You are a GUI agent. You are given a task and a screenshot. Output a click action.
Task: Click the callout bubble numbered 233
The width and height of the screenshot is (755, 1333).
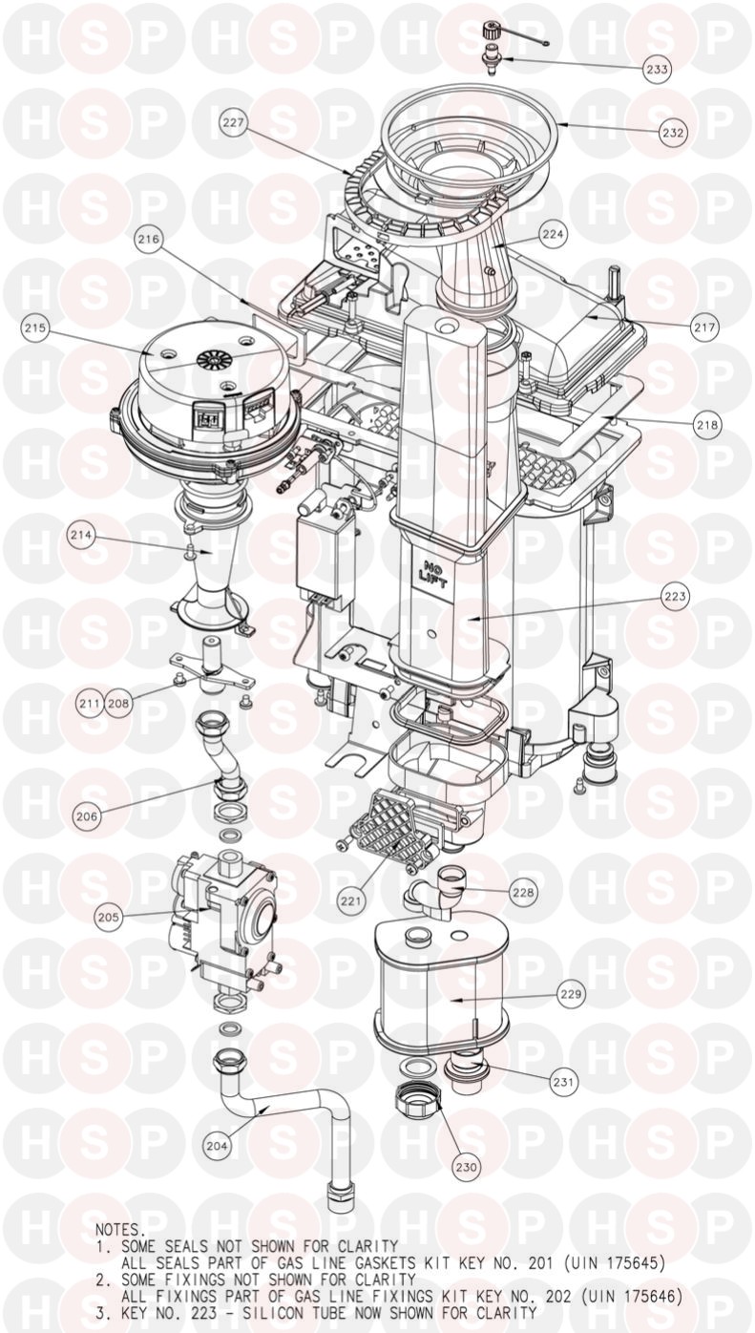pos(658,69)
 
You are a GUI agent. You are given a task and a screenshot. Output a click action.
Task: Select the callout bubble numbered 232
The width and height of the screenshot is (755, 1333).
pos(673,133)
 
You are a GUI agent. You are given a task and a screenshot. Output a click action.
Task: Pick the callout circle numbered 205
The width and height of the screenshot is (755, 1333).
pos(109,917)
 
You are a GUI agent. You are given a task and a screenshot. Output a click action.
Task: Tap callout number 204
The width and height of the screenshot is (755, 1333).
pos(218,1145)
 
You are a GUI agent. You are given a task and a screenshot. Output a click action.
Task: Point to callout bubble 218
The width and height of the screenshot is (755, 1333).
pos(707,425)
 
